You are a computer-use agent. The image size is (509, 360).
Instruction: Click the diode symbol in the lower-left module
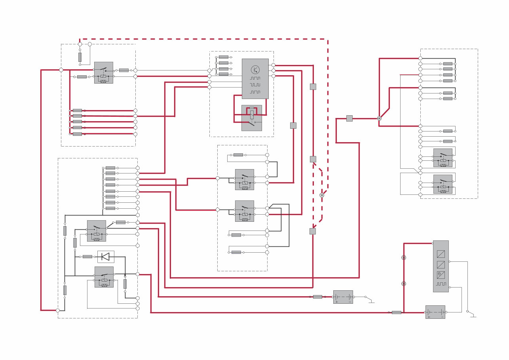(x=105, y=257)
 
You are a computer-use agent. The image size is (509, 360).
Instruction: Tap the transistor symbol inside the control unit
(x=255, y=70)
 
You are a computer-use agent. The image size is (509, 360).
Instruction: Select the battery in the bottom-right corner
(x=435, y=312)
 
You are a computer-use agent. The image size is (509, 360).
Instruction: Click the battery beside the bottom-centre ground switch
(x=343, y=297)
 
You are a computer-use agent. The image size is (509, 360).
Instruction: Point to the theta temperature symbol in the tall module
(x=441, y=275)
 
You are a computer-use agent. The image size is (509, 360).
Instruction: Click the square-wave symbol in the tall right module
(x=441, y=284)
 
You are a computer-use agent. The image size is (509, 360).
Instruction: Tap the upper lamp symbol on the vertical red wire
(x=404, y=257)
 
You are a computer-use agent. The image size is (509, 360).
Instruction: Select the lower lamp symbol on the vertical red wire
(x=404, y=284)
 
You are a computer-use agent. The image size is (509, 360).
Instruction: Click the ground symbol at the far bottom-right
(x=473, y=316)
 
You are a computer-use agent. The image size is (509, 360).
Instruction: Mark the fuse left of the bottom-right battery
(x=396, y=312)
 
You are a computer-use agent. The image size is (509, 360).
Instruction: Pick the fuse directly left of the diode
(x=87, y=257)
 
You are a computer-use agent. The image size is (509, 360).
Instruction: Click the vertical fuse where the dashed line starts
(x=80, y=57)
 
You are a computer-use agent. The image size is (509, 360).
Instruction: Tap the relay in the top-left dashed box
(x=103, y=72)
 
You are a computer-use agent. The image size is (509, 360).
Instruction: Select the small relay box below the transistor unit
(x=252, y=118)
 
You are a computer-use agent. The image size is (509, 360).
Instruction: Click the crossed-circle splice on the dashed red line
(x=322, y=195)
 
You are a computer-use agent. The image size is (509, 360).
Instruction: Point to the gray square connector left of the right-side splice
(x=349, y=118)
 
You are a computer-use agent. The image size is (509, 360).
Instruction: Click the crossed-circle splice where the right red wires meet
(x=379, y=118)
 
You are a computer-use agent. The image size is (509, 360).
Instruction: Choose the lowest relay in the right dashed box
(x=443, y=184)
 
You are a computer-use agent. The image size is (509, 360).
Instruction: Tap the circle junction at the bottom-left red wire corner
(x=58, y=310)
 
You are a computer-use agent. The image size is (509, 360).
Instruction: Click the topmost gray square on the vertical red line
(x=313, y=87)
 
